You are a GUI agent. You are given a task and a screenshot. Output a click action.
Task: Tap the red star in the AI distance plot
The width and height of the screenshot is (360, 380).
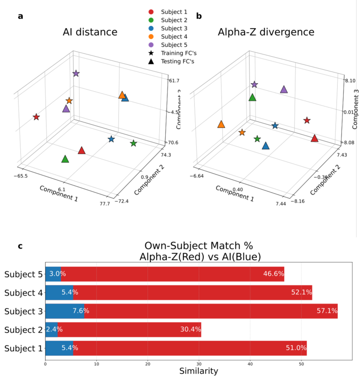point(36,117)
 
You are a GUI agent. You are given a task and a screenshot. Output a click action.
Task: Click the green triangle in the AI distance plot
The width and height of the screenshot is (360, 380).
point(65,159)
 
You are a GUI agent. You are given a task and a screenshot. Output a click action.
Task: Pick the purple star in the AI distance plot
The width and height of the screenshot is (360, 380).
point(76,73)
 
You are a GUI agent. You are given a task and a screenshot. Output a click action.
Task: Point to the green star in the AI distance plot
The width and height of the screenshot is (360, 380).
point(133,143)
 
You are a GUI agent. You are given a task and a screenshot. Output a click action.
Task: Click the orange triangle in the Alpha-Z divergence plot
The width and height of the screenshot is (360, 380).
point(221,124)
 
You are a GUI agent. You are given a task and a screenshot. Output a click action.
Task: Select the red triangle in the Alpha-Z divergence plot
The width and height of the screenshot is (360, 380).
point(315,138)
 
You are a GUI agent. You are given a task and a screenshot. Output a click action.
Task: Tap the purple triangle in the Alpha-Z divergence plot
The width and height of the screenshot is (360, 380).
point(284,89)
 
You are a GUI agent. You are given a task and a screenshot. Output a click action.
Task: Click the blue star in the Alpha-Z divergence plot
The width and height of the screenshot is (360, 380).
point(275,126)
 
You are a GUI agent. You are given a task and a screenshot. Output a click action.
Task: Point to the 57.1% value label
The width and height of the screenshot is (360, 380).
point(326,311)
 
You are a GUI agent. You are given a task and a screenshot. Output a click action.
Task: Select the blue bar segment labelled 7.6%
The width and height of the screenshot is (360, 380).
point(64,311)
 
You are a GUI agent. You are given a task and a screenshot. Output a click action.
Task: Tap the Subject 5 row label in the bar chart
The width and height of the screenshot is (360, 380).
point(24,274)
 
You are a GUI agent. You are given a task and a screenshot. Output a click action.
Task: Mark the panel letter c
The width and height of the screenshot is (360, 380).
point(20,246)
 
